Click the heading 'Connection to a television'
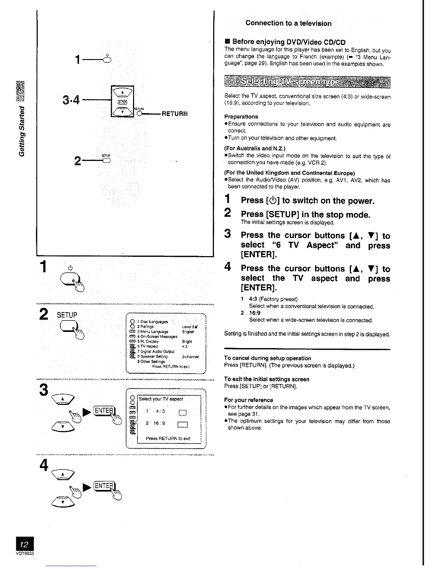point(288,23)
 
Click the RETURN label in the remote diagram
point(175,114)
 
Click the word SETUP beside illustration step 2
point(67,315)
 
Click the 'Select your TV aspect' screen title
point(161,399)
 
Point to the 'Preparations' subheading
point(241,117)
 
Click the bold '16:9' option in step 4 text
point(255,313)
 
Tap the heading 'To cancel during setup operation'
point(267,358)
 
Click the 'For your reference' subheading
point(248,400)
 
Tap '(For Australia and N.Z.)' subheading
point(255,148)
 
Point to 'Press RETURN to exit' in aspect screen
point(168,438)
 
